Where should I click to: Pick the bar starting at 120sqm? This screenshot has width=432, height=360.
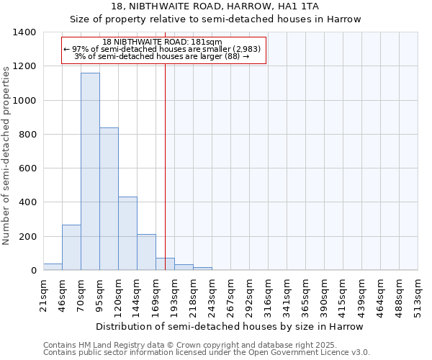(x=127, y=233)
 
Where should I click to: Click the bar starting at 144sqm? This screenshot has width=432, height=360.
(x=146, y=252)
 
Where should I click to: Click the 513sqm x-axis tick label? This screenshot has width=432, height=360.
(x=418, y=294)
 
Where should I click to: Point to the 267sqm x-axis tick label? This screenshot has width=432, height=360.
(x=230, y=294)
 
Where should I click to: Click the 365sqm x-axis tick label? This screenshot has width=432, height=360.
(x=305, y=294)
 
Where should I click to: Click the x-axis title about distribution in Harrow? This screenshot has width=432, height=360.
(x=230, y=327)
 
